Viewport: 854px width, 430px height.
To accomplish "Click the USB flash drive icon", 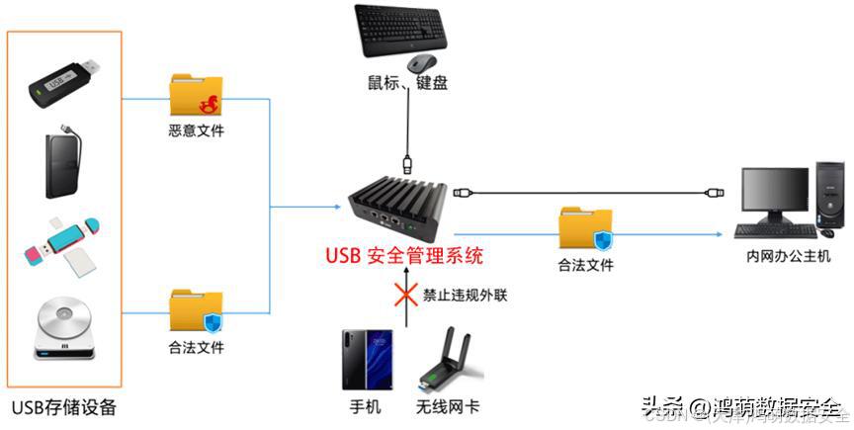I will pos(63,82).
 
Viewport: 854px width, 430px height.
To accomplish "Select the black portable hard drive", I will pos(63,162).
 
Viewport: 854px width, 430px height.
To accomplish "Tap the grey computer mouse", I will pos(420,63).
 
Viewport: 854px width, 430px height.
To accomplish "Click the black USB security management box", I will pos(399,202).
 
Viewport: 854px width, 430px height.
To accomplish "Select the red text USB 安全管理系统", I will pos(404,257).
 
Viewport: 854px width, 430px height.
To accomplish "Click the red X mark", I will pos(403,295).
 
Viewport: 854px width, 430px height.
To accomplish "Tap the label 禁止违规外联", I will pos(466,295).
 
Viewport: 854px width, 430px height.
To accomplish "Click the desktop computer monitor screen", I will pos(775,194).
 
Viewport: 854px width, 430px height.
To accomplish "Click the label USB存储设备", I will pos(64,407).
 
